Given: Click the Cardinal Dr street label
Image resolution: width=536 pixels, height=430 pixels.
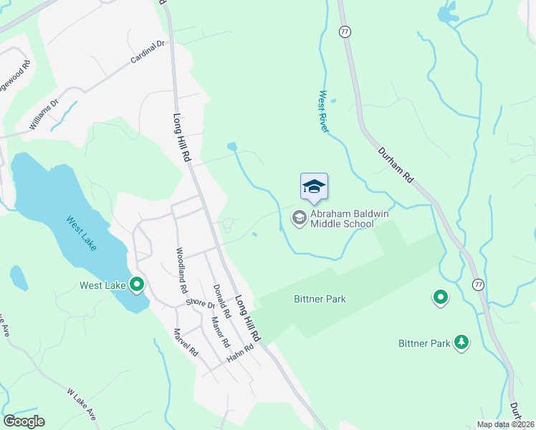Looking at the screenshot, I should (148, 52).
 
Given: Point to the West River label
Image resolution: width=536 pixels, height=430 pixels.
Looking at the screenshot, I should (324, 111).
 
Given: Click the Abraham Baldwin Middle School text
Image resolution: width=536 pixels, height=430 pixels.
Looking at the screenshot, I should (341, 218).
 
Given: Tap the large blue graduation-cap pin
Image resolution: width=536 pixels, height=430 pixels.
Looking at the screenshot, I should (314, 188).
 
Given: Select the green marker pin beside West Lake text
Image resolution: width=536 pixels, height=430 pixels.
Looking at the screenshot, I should (136, 285).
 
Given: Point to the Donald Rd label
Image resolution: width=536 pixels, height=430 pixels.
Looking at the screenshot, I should (221, 301).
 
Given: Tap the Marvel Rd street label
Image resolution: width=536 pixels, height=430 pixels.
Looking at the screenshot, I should (186, 343).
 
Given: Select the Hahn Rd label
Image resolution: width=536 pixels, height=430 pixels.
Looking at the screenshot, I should (240, 353).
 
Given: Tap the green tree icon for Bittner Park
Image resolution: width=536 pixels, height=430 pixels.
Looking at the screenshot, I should (462, 343).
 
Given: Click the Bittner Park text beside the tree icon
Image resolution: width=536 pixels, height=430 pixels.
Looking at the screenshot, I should (424, 343).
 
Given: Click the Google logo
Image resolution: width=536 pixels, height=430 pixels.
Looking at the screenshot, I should (24, 421).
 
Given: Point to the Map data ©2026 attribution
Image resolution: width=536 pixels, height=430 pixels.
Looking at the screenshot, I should (506, 424).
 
